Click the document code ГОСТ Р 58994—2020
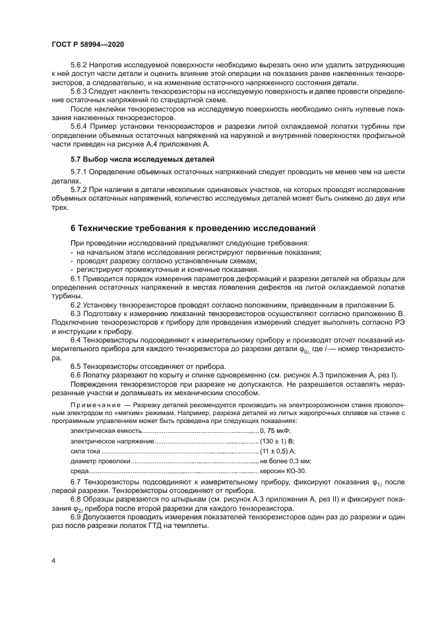pyautogui.click(x=87, y=43)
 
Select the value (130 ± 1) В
pyautogui.click(x=277, y=440)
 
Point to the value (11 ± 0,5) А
pyautogui.click(x=278, y=451)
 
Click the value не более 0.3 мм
pyautogui.click(x=285, y=461)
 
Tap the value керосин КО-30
pyautogui.click(x=283, y=472)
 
